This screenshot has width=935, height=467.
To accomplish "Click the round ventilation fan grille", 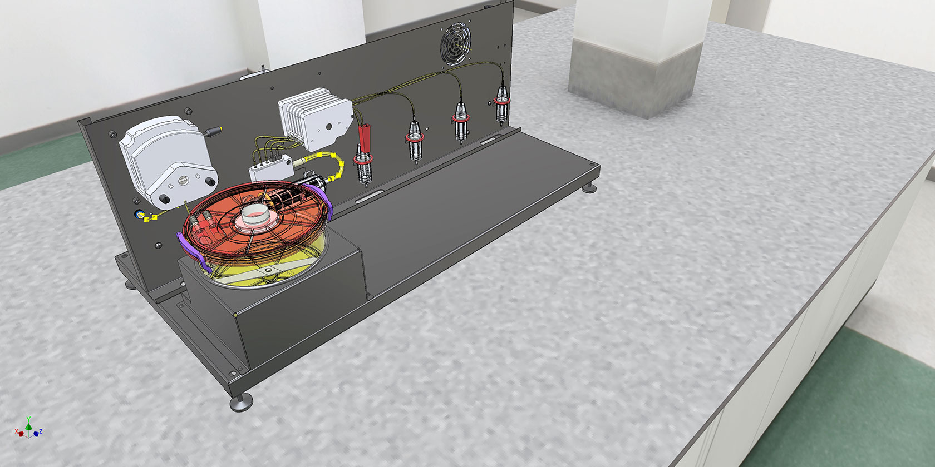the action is (x=456, y=44).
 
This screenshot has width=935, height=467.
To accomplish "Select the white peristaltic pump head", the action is (x=167, y=161).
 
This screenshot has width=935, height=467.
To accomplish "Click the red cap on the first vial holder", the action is (x=365, y=138).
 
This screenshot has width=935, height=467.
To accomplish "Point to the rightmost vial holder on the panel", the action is (x=502, y=105).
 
